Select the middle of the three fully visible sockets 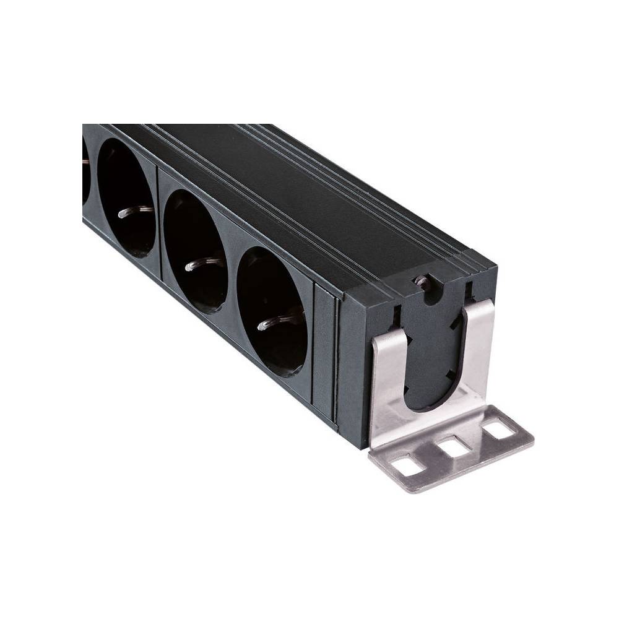click(x=196, y=251)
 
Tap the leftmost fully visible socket click(x=127, y=197)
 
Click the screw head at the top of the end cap click(x=422, y=282)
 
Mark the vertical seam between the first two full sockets click(x=158, y=223)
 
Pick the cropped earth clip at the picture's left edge click(x=85, y=162)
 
